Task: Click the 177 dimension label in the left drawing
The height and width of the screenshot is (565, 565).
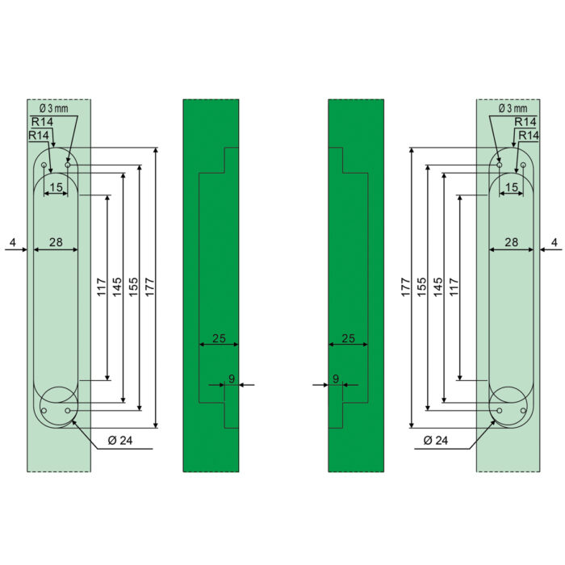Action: (x=149, y=287)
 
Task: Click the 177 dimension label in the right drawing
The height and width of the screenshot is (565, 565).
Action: (x=406, y=287)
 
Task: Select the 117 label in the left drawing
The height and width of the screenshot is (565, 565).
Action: (x=102, y=287)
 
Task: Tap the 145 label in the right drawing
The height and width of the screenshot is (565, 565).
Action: (x=437, y=287)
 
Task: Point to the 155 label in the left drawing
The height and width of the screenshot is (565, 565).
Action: (x=133, y=287)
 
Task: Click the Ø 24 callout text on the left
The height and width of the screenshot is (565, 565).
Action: (x=120, y=440)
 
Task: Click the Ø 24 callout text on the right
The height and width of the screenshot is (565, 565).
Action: (x=436, y=440)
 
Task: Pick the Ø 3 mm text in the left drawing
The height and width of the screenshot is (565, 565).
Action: (x=54, y=108)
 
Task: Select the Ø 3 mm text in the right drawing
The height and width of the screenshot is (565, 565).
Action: (x=513, y=108)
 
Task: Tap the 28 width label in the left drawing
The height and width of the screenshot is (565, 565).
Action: (x=56, y=242)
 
